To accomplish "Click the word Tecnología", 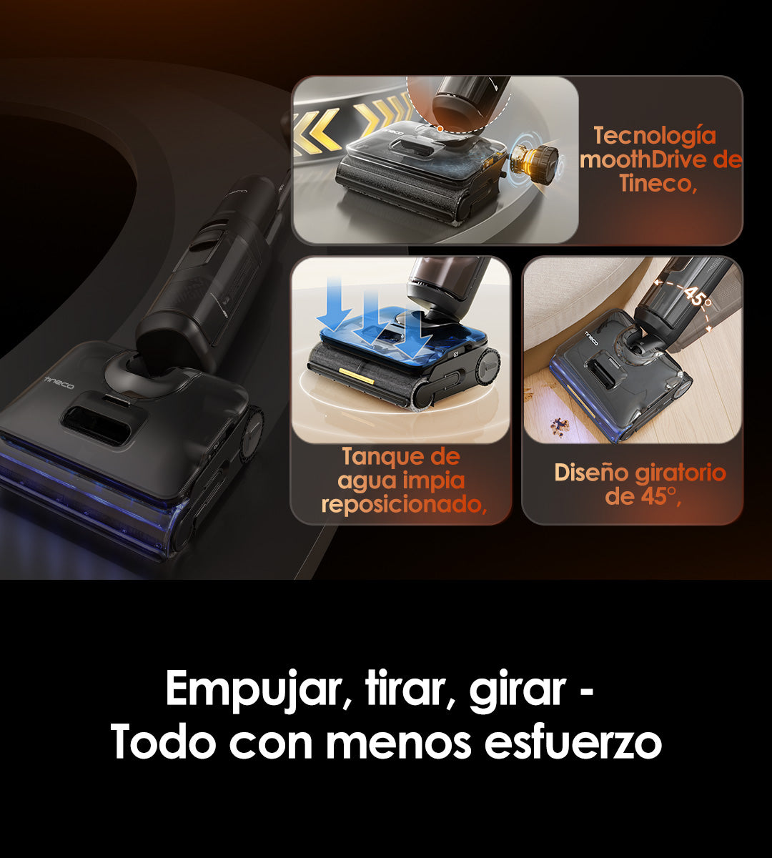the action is (655, 136).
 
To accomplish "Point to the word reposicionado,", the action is (404, 505).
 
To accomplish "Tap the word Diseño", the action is (591, 473).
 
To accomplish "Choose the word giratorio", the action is (681, 473).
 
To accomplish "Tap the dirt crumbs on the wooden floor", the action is (560, 424).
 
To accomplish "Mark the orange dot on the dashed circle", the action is (440, 128).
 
